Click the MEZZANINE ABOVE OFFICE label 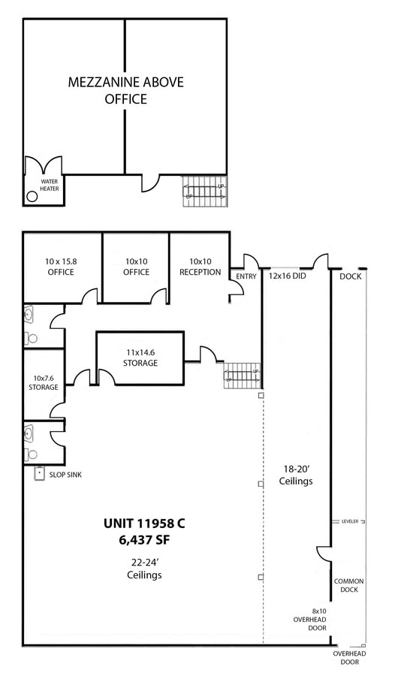tap(126, 90)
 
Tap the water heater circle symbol tap(32, 197)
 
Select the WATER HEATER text tap(49, 185)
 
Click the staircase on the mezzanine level tap(204, 191)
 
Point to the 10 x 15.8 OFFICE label tap(61, 267)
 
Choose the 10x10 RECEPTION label tap(200, 267)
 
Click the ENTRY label tap(246, 276)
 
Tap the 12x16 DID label tap(287, 276)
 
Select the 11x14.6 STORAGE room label tap(140, 358)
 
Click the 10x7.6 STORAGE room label tap(44, 382)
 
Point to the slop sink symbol tap(40, 473)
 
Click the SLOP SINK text tap(65, 475)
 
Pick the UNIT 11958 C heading tap(144, 524)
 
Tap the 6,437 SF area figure tap(144, 540)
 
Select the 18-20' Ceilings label tap(296, 475)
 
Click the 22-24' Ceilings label tap(144, 569)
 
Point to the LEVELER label tap(350, 521)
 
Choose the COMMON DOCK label tap(349, 585)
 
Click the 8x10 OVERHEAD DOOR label tap(309, 619)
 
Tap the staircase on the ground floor tap(242, 376)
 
